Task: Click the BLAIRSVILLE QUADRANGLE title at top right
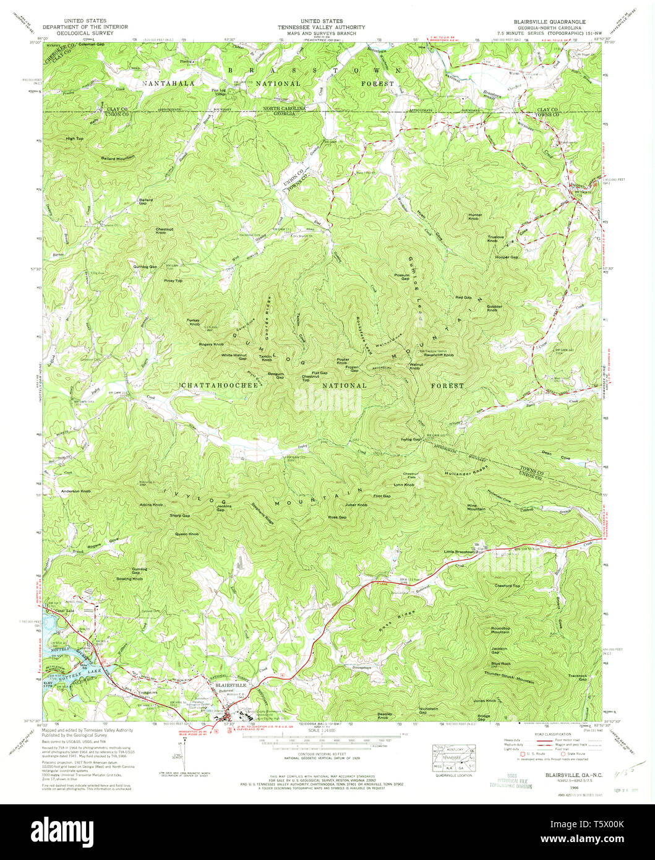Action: (552, 21)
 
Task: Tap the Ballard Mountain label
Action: (118, 158)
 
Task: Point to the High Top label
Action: (74, 139)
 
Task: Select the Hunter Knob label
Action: (474, 217)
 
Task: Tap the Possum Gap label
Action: (401, 277)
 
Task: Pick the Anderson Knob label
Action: (75, 491)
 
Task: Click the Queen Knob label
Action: (187, 533)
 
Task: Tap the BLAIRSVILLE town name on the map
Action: (229, 686)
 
